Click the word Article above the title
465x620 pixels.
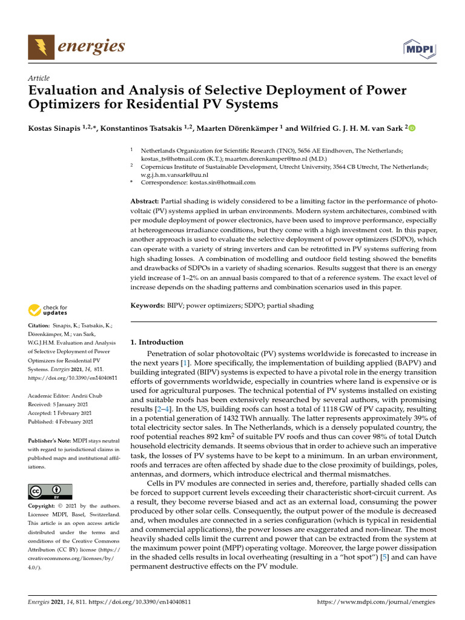tap(39, 78)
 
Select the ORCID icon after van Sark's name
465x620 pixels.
tap(412, 128)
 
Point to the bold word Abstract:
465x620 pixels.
tap(145, 200)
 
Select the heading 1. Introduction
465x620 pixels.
tap(157, 342)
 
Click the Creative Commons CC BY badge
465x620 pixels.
tap(50, 491)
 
